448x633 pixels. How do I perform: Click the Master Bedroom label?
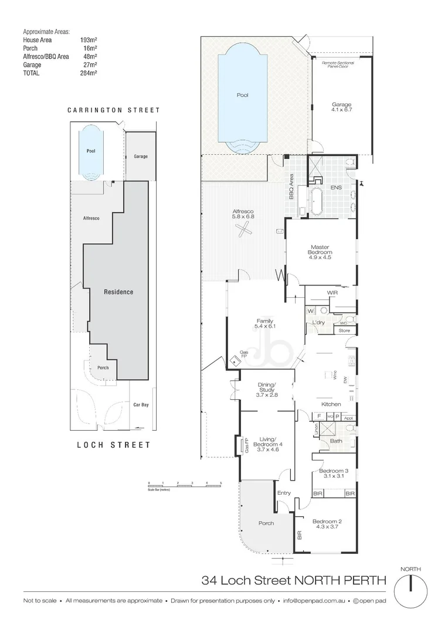[320, 251]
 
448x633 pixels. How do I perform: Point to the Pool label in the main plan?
[242, 94]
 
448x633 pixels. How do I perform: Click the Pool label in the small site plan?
[91, 151]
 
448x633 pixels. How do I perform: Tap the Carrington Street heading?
[113, 110]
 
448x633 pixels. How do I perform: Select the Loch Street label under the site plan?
[114, 445]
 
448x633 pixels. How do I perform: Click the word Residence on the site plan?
[118, 292]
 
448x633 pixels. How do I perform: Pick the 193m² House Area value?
[89, 40]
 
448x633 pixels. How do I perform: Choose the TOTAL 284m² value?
[89, 73]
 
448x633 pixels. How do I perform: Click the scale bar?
[184, 484]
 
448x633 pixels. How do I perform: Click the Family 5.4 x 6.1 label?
[265, 324]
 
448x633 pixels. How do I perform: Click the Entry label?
[284, 493]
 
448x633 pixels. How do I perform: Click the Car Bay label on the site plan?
[140, 404]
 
